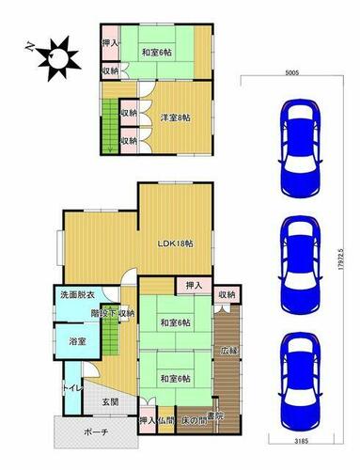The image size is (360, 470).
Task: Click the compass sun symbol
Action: pos(57,57)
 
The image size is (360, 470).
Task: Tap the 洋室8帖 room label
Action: pos(176,117)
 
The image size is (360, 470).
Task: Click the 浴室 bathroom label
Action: pos(77,341)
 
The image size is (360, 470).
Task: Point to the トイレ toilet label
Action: pos(72,388)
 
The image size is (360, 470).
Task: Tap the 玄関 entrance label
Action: pos(111,401)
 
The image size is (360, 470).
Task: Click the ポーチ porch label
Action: pos(96,432)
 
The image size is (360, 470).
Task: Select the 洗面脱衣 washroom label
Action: pos(76,295)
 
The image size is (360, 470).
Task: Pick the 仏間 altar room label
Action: pos(165,420)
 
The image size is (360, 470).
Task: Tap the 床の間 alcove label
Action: pos(195,420)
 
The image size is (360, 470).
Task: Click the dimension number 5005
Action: pos(292,72)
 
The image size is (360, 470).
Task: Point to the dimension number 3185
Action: pos(302,441)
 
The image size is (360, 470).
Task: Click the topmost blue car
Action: pos(301,149)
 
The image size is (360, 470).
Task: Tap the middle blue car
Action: pos(301,265)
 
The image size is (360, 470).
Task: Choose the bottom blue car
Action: pos(301,382)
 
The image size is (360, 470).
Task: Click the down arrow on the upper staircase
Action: pos(110,149)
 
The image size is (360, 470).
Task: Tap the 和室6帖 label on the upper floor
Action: pos(157,53)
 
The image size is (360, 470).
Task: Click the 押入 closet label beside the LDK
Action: pos(195,286)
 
